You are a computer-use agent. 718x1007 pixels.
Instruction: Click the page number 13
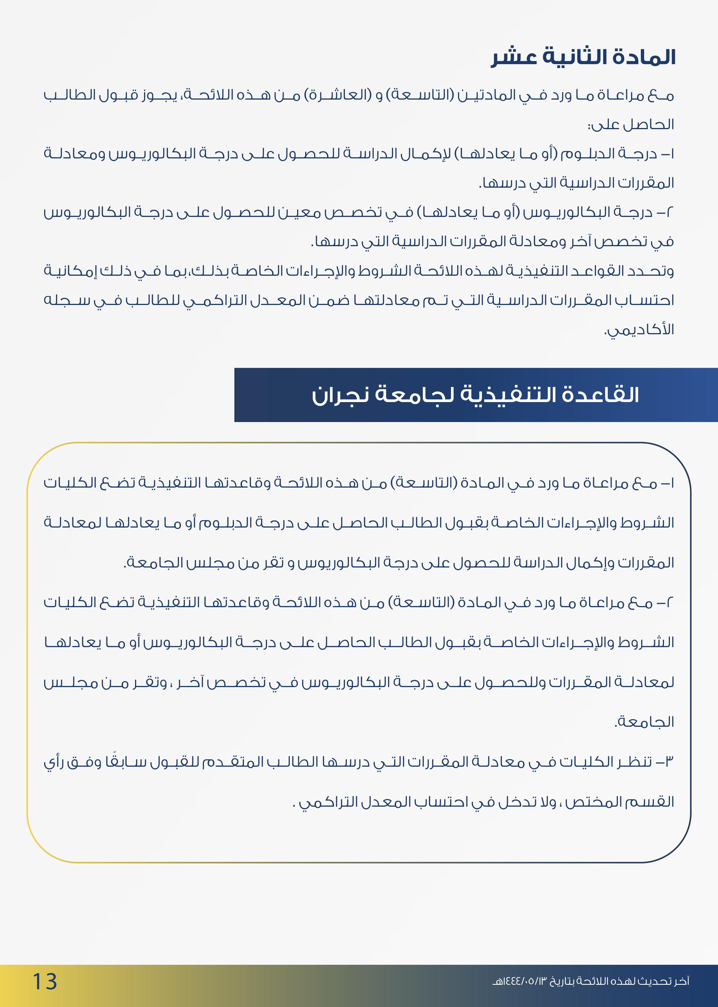(45, 981)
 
